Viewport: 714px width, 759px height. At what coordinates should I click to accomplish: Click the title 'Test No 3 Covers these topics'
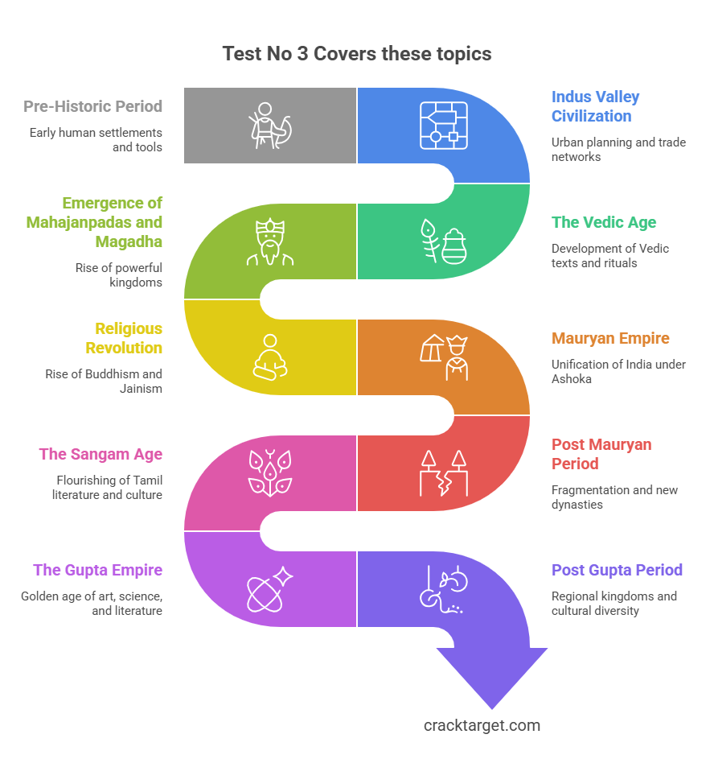point(356,54)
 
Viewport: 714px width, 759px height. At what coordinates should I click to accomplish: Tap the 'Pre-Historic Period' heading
point(92,106)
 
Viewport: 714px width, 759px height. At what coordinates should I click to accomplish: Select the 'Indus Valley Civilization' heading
point(595,106)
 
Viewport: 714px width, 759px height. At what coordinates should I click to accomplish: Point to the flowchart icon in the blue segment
point(443,126)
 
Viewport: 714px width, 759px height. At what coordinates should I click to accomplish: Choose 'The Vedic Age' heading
point(603,222)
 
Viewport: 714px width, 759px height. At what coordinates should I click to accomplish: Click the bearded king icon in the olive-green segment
point(270,241)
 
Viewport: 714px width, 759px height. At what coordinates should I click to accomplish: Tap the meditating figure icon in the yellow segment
point(270,357)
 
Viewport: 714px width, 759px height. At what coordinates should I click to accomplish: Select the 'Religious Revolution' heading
point(125,338)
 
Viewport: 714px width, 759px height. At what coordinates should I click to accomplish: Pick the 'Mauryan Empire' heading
point(610,338)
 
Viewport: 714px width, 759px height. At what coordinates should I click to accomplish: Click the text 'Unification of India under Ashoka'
point(618,371)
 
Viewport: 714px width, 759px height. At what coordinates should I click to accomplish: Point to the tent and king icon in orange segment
point(443,357)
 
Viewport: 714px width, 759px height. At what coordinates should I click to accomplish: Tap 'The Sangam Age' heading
point(101,454)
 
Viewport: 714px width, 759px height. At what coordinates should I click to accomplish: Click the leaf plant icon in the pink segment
point(270,473)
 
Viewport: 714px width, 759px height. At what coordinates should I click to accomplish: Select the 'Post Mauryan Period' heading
point(601,454)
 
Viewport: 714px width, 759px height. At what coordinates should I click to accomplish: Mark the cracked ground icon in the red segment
point(443,473)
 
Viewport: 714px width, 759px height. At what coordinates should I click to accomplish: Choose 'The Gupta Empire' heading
point(97,570)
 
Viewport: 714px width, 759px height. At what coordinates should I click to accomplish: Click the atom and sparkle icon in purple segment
point(270,589)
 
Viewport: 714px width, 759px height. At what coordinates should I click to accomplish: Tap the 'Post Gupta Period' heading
point(617,570)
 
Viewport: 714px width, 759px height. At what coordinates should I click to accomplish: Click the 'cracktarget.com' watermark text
point(482,725)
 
